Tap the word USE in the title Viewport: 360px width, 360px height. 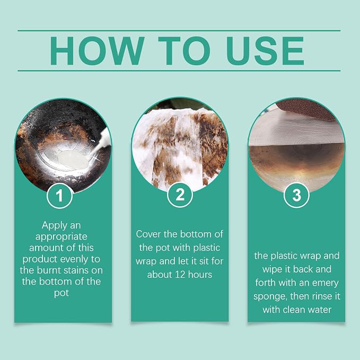266,51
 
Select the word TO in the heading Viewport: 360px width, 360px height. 184,51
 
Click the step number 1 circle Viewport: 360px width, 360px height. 60,196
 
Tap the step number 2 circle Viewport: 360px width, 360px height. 180,195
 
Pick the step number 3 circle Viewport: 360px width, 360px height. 296,195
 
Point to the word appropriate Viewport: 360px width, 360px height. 62,236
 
